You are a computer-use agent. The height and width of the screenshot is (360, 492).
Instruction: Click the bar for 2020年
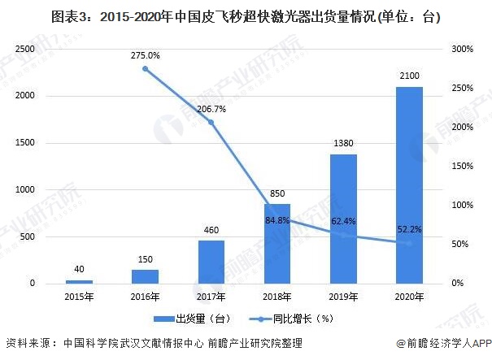click(410, 185)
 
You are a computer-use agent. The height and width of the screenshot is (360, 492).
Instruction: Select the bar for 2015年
click(79, 282)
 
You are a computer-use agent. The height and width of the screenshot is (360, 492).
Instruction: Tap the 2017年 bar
click(211, 262)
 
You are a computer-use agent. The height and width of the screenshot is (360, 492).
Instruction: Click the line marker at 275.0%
click(146, 69)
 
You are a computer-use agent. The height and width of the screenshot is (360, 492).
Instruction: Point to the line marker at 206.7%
click(211, 122)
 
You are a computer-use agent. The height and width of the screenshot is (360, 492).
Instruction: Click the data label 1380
click(343, 143)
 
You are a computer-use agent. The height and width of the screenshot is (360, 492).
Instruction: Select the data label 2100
click(410, 76)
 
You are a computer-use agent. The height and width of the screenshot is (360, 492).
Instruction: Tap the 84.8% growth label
click(277, 220)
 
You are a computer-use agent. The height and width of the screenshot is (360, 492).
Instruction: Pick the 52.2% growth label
click(410, 229)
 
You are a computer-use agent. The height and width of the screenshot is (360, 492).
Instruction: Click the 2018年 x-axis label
click(277, 297)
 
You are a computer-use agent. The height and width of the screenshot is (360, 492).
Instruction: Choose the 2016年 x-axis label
click(145, 297)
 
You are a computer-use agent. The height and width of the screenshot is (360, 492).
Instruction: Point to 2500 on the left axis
click(24, 49)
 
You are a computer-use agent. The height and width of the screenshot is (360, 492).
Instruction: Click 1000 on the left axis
click(24, 189)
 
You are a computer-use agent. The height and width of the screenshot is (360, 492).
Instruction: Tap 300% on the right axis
click(463, 49)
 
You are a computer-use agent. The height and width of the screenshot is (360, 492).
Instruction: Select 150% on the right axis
click(463, 166)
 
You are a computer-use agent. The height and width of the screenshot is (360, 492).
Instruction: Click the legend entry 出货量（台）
click(192, 319)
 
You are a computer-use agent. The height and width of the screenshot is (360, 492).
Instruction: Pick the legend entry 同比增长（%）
click(291, 319)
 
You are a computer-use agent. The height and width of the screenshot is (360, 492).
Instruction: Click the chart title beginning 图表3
click(246, 16)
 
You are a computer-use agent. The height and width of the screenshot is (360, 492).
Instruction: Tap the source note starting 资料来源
click(154, 343)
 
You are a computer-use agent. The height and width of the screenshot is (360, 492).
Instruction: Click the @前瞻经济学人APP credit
click(444, 344)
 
